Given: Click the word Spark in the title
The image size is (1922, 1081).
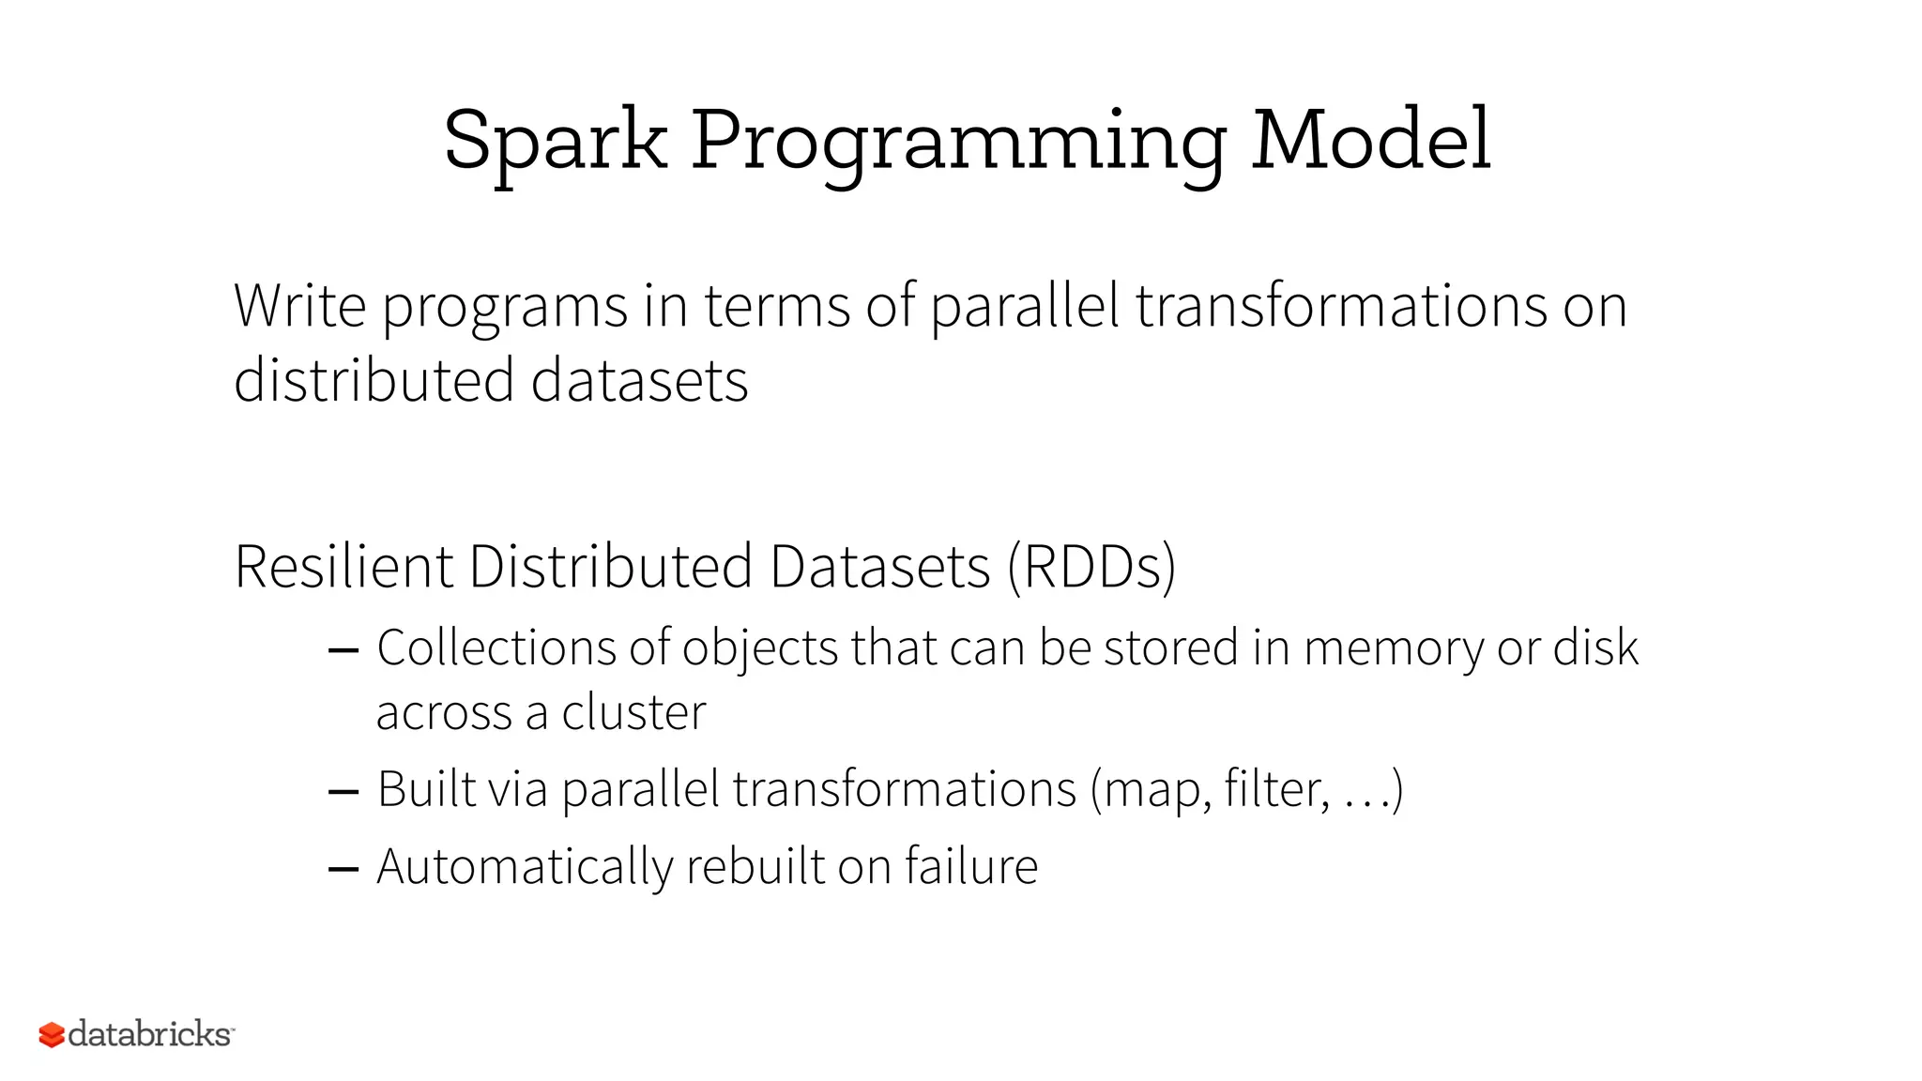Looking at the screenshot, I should pyautogui.click(x=555, y=141).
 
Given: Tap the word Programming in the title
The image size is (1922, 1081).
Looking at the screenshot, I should pyautogui.click(x=958, y=143).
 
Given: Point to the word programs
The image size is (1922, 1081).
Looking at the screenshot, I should pyautogui.click(x=505, y=310).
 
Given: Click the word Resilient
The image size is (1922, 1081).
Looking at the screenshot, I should pyautogui.click(x=343, y=567).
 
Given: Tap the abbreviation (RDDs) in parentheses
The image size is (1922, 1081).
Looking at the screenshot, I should pyautogui.click(x=1091, y=568).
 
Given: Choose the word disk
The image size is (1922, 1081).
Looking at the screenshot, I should pyautogui.click(x=1595, y=647).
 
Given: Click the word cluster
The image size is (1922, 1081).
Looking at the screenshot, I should pyautogui.click(x=633, y=713).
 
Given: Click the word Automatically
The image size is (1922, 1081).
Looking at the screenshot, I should pyautogui.click(x=525, y=867).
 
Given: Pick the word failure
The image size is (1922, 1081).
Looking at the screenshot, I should pyautogui.click(x=971, y=865).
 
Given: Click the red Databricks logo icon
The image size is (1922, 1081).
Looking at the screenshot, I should pyautogui.click(x=52, y=1034).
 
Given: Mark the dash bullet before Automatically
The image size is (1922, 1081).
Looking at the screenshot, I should pyautogui.click(x=343, y=869).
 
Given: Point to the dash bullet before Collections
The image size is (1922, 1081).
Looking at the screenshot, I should pyautogui.click(x=343, y=650).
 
